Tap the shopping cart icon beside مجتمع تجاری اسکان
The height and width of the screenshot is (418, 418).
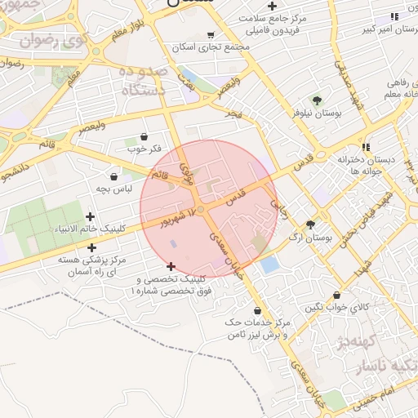pyautogui.click(x=211, y=35)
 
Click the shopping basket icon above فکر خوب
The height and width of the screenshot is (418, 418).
pyautogui.click(x=145, y=136)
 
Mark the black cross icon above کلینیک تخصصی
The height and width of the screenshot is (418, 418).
pyautogui.click(x=171, y=266)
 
